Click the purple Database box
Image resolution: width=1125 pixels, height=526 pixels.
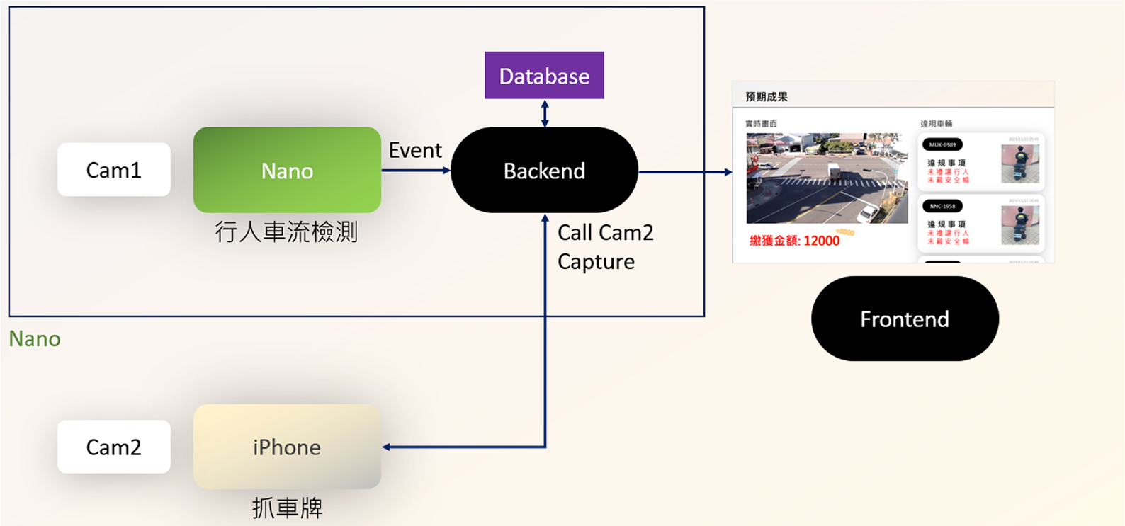(544, 75)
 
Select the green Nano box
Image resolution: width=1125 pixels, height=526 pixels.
(287, 170)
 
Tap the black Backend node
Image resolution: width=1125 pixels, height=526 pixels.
(544, 170)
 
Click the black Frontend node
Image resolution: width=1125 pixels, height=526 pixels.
(905, 319)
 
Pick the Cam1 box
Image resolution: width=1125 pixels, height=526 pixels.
(113, 170)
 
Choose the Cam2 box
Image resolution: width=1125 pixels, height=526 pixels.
(113, 447)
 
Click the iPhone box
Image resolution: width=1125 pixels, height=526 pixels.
(287, 447)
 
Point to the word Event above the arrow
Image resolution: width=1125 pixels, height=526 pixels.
(415, 150)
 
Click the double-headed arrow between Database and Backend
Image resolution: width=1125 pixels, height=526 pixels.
(544, 113)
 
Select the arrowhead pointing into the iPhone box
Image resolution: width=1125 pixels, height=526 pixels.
(387, 447)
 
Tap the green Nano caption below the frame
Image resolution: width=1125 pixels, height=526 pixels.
(35, 339)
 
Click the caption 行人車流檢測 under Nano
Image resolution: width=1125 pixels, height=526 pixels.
(287, 232)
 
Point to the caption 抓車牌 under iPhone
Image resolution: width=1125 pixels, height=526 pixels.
(287, 508)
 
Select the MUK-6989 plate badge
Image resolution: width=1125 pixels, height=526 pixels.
(942, 144)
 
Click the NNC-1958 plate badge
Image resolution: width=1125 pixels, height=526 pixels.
(942, 206)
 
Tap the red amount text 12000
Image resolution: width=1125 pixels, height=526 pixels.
(821, 241)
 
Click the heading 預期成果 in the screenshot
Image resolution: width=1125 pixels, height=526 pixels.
(767, 97)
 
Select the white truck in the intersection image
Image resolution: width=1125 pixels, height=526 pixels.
(833, 171)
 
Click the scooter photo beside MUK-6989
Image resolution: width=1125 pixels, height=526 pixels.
(1019, 164)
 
